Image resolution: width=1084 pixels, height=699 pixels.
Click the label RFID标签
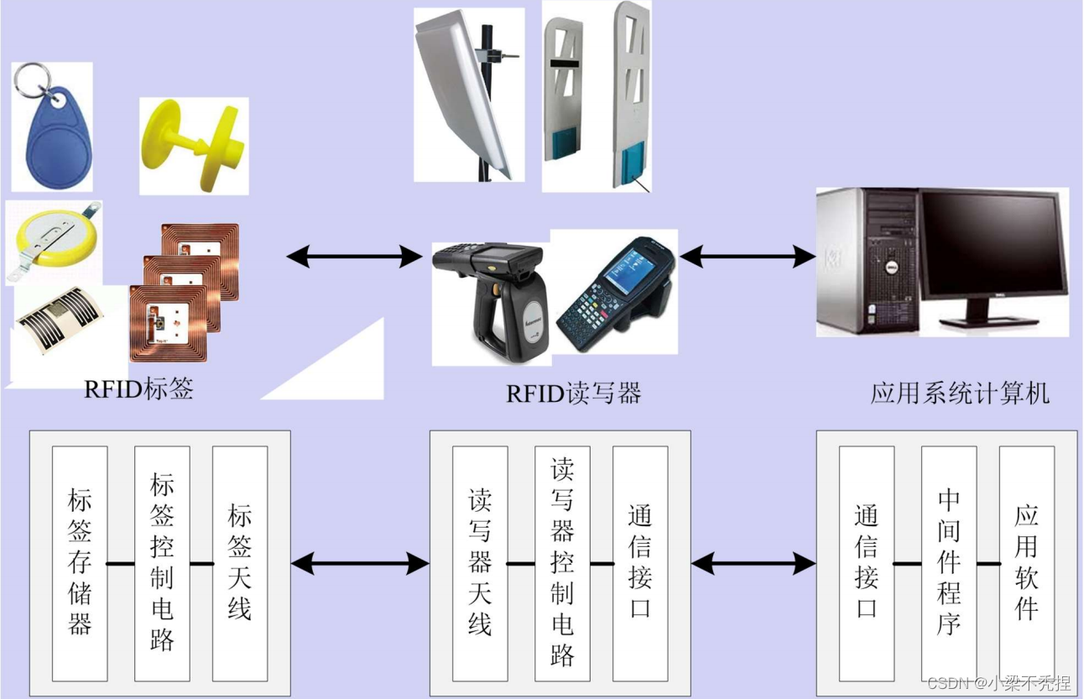click(x=138, y=389)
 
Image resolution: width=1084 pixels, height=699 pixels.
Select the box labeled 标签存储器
click(x=80, y=563)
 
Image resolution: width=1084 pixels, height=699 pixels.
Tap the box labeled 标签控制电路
click(x=162, y=563)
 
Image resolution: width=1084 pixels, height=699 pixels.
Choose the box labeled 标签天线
click(x=240, y=563)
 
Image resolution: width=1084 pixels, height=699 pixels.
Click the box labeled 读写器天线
click(x=480, y=563)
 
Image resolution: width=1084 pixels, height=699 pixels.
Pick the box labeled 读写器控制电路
click(x=562, y=563)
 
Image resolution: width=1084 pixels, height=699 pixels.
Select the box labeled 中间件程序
click(x=948, y=563)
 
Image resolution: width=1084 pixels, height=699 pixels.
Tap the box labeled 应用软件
click(x=1026, y=563)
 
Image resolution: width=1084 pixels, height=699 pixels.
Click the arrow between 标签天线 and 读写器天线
click(x=360, y=564)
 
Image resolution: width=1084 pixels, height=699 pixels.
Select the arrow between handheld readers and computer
click(x=747, y=256)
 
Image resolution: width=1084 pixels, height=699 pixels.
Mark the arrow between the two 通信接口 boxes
click(x=753, y=564)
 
